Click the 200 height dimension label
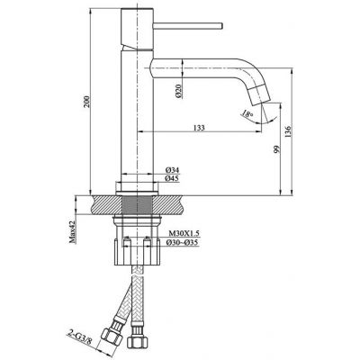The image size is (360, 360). [x=86, y=102]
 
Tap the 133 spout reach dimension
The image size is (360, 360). [x=199, y=128]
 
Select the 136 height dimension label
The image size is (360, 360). [x=288, y=132]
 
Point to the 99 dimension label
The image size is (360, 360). [x=276, y=149]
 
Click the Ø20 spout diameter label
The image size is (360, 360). [x=178, y=91]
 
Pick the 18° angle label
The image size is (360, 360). [x=247, y=114]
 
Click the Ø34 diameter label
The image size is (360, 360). [x=172, y=170]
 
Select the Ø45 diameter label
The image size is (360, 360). [x=172, y=179]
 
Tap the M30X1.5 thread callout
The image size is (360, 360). [x=184, y=233]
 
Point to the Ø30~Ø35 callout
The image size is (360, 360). [x=182, y=243]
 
